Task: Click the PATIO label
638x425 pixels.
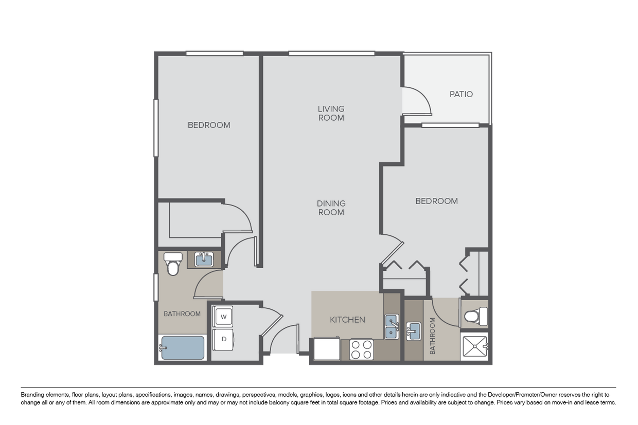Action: click(x=461, y=94)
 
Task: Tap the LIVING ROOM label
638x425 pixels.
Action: click(x=331, y=113)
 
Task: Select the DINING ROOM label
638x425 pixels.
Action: click(x=331, y=208)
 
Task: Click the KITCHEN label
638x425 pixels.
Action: click(x=347, y=320)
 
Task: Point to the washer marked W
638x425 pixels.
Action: click(x=224, y=317)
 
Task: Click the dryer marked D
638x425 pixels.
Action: click(x=224, y=339)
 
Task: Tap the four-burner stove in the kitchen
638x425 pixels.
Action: click(x=361, y=349)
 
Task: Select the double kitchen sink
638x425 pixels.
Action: click(x=392, y=326)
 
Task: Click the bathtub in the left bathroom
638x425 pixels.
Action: click(x=182, y=347)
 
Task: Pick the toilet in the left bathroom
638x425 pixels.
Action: click(x=173, y=264)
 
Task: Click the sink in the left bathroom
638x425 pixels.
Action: click(x=204, y=259)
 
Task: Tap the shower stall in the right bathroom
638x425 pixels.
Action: click(x=474, y=346)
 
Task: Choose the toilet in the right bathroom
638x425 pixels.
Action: click(x=476, y=317)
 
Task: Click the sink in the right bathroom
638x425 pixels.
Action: click(x=413, y=331)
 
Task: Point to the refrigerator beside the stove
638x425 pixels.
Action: click(x=327, y=348)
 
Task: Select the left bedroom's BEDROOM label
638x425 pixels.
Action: click(x=209, y=125)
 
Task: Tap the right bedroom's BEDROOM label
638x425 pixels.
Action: click(x=437, y=201)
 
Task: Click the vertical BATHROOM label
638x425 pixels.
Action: click(x=432, y=336)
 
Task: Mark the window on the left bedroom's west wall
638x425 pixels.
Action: click(x=156, y=128)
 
